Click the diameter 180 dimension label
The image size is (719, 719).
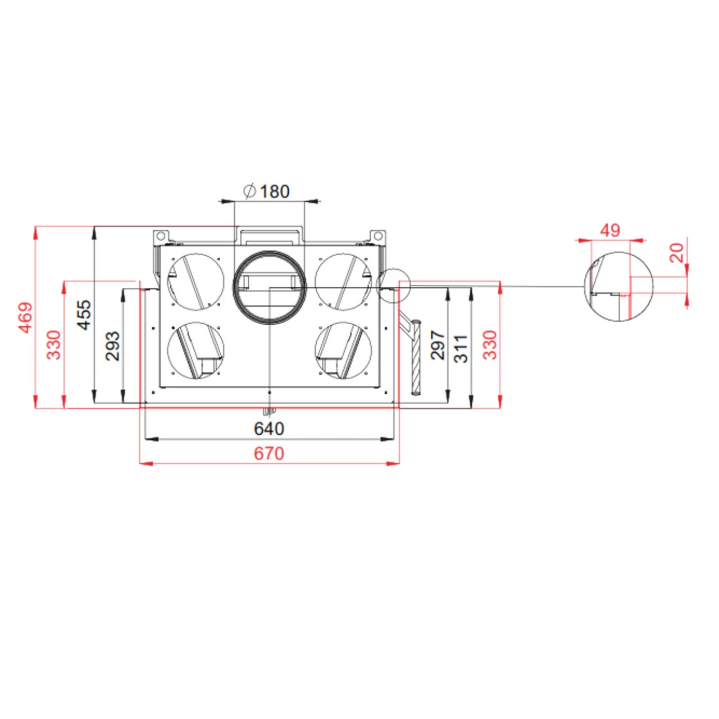[267, 192]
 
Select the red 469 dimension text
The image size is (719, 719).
[26, 317]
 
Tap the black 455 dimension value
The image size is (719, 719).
[83, 315]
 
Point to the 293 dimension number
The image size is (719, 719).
[112, 345]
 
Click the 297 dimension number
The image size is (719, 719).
[438, 345]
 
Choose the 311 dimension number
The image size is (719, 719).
[461, 348]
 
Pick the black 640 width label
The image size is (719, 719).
[269, 429]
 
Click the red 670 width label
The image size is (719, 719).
[269, 453]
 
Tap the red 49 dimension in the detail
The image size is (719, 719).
[610, 230]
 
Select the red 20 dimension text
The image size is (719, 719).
[677, 253]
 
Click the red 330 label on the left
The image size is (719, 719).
[53, 344]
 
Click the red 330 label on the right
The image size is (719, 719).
[490, 344]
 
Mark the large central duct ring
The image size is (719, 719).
[270, 288]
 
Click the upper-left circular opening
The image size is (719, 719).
[195, 281]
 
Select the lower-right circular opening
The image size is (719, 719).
[343, 350]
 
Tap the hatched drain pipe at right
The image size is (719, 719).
[416, 358]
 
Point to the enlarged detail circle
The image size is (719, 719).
[618, 286]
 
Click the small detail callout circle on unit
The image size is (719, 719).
[394, 285]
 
